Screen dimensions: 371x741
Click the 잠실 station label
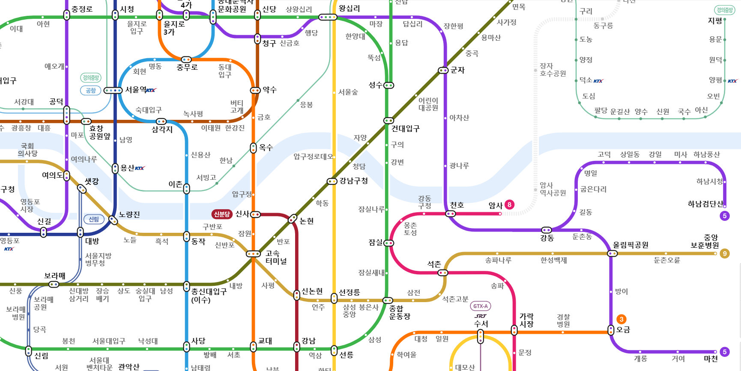[x=376, y=243]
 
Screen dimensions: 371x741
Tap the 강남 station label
[x=308, y=341]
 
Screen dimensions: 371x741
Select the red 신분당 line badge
[x=222, y=214]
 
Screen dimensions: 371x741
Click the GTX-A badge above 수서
[x=481, y=306]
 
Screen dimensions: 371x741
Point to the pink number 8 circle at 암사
[x=509, y=205]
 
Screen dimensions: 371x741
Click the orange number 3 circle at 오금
[x=621, y=319]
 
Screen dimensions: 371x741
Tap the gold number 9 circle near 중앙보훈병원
[x=725, y=253]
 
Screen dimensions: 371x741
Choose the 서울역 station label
[x=135, y=90]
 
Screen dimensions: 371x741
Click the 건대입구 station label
[x=405, y=128]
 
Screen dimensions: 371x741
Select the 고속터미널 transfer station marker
[x=253, y=254]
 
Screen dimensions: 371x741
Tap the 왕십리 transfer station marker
[x=328, y=18]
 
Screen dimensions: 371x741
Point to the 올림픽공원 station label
[x=630, y=245]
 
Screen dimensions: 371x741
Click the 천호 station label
[x=457, y=205]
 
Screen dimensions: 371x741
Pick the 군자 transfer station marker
[x=443, y=70]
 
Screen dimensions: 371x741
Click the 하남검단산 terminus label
[x=705, y=204]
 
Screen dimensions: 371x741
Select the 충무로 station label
[x=187, y=68]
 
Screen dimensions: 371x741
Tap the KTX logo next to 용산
[x=140, y=168]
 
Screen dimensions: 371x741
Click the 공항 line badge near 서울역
[x=91, y=90]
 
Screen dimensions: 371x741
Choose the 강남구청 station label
[x=353, y=181]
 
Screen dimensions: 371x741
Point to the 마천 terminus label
[x=711, y=359]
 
